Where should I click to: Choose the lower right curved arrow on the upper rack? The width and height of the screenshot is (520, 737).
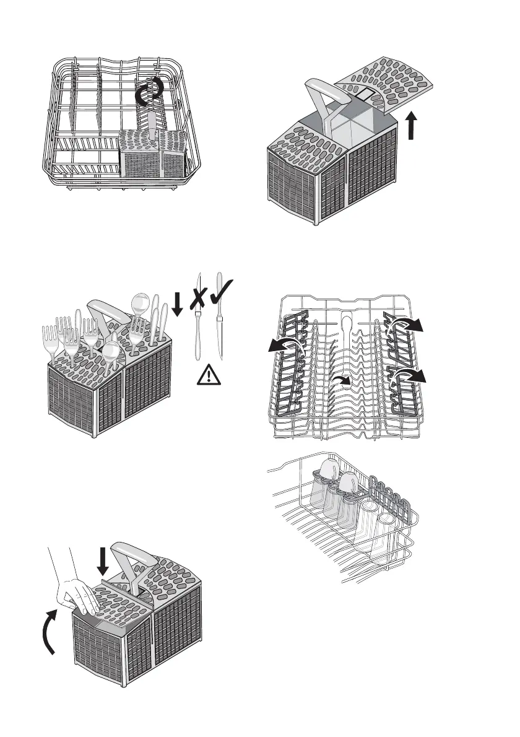click(x=411, y=375)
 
